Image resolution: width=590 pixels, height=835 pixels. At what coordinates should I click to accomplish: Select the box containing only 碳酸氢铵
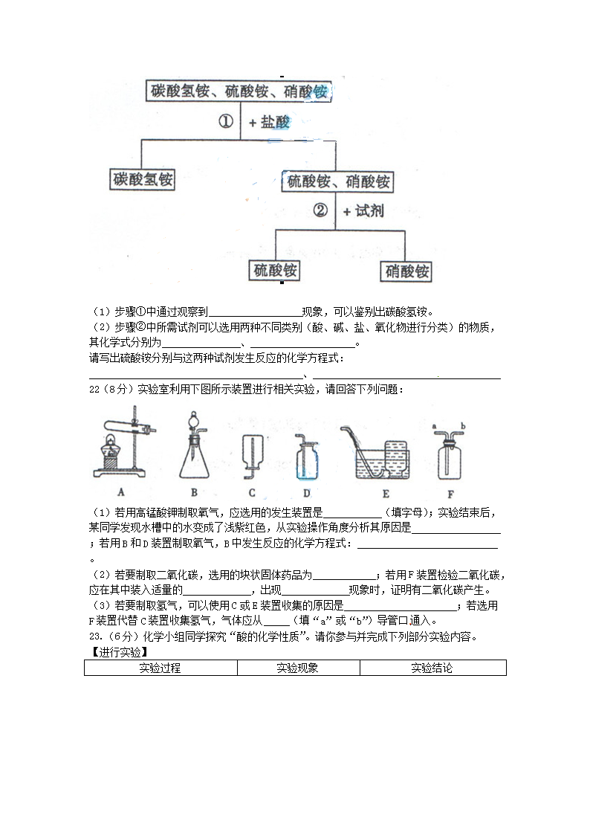point(143,179)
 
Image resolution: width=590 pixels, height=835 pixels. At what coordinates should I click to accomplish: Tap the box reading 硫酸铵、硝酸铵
point(337,181)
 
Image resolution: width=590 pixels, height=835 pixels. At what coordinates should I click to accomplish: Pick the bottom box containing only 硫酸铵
point(275,270)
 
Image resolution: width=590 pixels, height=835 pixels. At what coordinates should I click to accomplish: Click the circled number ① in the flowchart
point(226,121)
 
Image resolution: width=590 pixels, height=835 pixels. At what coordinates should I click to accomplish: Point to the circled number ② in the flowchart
point(320,210)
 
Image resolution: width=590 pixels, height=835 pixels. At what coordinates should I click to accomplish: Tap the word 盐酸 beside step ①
point(275,122)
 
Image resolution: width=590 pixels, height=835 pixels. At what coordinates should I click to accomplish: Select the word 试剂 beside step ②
point(369,211)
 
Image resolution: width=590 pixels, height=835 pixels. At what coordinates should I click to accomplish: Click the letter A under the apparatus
point(120,492)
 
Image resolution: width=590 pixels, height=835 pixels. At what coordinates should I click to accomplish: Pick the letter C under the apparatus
point(252,492)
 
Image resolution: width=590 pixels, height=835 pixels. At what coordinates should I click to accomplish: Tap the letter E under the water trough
point(385,492)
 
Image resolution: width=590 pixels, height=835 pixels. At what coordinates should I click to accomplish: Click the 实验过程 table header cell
point(160,668)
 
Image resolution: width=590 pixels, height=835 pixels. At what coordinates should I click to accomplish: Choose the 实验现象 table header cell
point(298,668)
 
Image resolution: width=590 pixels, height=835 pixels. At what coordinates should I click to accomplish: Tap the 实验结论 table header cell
point(432,668)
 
